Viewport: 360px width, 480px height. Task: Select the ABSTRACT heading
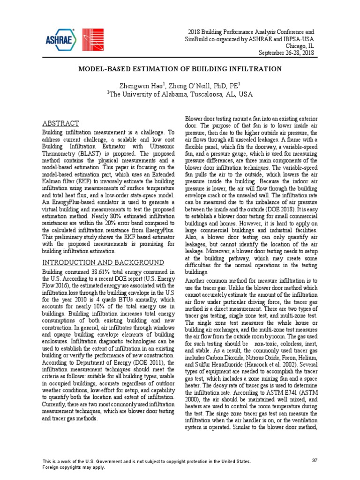click(x=61, y=124)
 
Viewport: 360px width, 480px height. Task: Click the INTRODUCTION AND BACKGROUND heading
click(x=103, y=262)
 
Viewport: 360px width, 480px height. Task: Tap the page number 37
click(x=315, y=460)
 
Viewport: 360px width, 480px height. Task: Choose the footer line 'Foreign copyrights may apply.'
click(x=74, y=467)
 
